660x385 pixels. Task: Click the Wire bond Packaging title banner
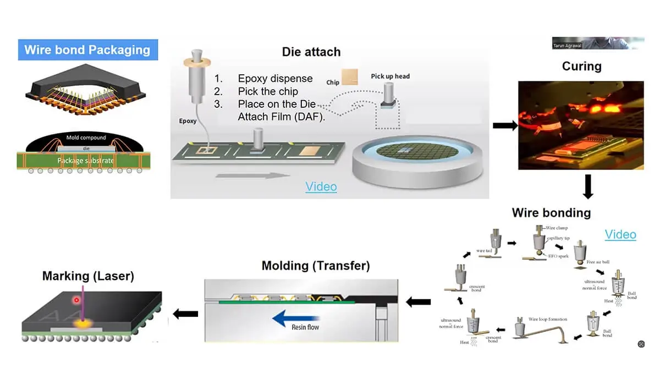(x=88, y=50)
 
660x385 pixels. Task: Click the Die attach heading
(x=311, y=52)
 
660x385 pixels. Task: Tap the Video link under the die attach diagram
(x=321, y=187)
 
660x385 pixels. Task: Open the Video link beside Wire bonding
(x=620, y=234)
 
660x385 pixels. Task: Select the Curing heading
(x=581, y=67)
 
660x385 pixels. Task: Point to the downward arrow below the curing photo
(x=587, y=186)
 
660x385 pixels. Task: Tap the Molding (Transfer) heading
(x=316, y=266)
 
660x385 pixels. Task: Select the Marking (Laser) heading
(x=88, y=276)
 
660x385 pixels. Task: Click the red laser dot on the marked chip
(x=76, y=300)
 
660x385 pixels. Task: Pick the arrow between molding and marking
(x=185, y=313)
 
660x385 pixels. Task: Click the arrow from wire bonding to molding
(x=418, y=301)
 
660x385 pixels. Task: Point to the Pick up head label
(x=390, y=76)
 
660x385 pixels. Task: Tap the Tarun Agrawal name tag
(x=566, y=46)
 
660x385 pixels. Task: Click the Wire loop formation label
(x=548, y=319)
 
